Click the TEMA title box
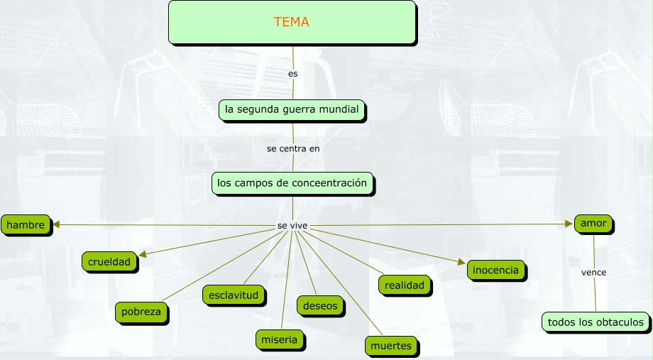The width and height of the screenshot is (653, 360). pos(292,22)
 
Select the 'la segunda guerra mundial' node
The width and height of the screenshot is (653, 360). pos(292,110)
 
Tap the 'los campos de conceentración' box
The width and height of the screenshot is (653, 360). pos(292,183)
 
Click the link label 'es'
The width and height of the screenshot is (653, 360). pos(293,73)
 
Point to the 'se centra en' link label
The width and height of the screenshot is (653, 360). pos(293,148)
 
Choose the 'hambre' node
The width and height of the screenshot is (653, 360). pos(26,225)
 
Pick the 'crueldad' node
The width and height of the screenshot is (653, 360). pos(109,262)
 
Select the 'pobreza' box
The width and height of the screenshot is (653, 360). pos(141,311)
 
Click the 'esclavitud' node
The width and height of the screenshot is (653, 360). pos(234,294)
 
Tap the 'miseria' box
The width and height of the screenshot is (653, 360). pos(279,340)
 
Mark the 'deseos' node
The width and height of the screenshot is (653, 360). pos(320,305)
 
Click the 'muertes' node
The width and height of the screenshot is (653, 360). pos(391,346)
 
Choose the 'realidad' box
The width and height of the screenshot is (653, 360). pos(405,285)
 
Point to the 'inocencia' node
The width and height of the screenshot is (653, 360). pos(496,270)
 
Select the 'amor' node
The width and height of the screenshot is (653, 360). pos(593,224)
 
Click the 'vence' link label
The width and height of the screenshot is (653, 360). pos(593,273)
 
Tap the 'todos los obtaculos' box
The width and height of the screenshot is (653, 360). pos(596,322)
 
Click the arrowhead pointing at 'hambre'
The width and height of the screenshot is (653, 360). pos(55,225)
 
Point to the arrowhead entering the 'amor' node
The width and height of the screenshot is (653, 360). pos(569,224)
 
